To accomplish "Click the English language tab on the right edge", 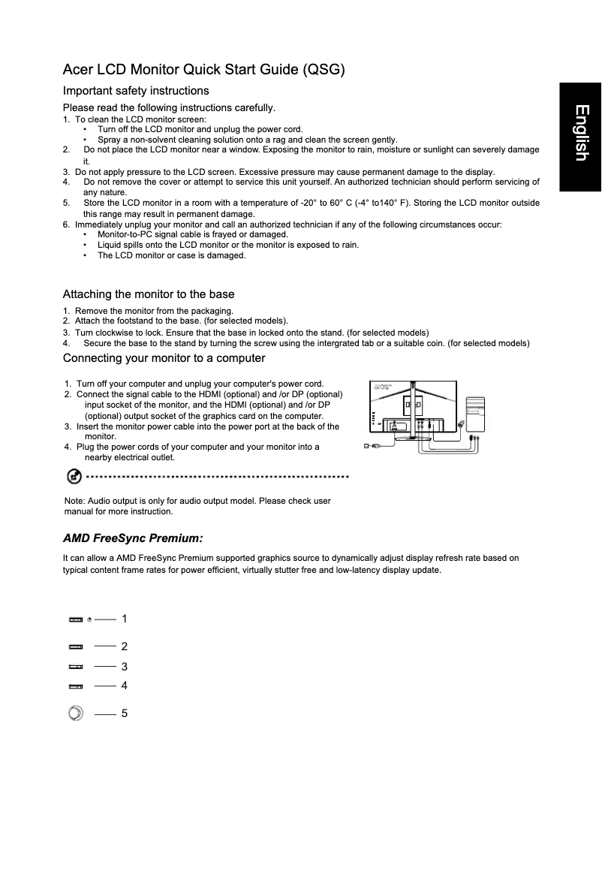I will click(x=580, y=134).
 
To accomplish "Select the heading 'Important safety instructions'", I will click(x=136, y=91).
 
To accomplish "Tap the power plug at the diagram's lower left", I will click(x=368, y=446).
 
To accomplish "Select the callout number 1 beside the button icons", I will click(x=125, y=619).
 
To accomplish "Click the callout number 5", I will click(x=125, y=713).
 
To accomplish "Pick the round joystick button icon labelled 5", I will click(x=75, y=713).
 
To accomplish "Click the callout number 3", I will click(x=125, y=667).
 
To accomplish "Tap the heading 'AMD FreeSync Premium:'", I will click(x=133, y=538).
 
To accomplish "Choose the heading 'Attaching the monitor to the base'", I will click(x=149, y=294).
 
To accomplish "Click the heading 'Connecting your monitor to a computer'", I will click(x=164, y=358).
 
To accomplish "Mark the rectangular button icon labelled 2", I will click(x=76, y=646).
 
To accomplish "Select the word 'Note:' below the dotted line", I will click(x=75, y=501).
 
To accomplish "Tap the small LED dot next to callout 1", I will click(x=89, y=619).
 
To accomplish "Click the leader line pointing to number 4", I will click(x=105, y=686).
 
